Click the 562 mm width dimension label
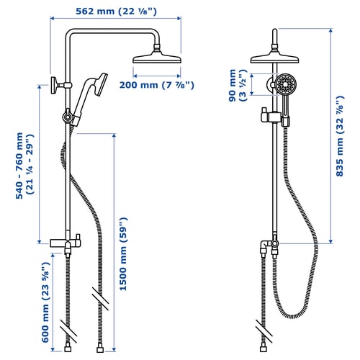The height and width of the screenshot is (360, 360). (119, 11)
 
